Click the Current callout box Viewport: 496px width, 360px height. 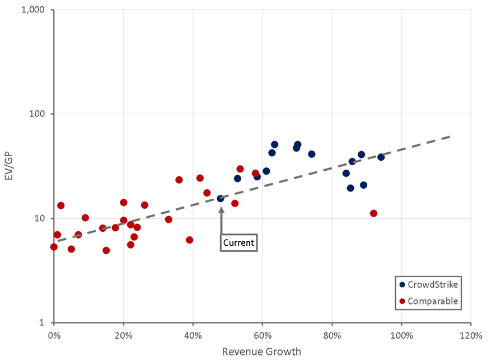click(x=238, y=243)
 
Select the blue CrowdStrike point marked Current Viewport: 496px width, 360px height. click(x=221, y=198)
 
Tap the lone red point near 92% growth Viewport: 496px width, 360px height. click(x=373, y=213)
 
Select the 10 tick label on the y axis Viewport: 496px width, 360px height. click(x=43, y=218)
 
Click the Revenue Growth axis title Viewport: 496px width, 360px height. click(x=261, y=352)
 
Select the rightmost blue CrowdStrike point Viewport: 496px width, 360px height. click(x=381, y=157)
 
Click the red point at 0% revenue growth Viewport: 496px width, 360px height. click(x=54, y=247)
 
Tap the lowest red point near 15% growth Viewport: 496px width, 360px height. click(x=106, y=250)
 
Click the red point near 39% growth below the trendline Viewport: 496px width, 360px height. click(x=189, y=240)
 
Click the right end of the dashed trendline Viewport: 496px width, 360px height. click(x=450, y=136)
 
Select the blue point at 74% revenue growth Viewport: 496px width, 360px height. click(x=311, y=154)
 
